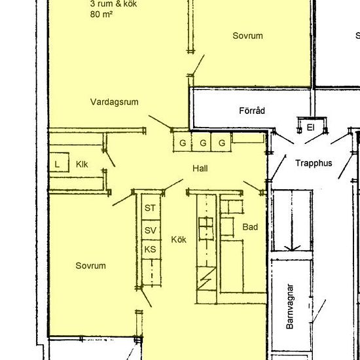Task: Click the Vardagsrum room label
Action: coord(114,102)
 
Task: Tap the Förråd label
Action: coord(252,111)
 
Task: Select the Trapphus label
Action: coord(314,163)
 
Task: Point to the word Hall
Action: coord(200,168)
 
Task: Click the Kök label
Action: coord(179,240)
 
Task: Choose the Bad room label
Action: coord(250,227)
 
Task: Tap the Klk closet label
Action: coord(82,164)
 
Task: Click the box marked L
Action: coord(59,162)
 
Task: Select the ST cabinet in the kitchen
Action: coord(151,207)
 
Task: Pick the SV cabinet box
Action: coord(151,230)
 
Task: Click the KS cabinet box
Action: coord(151,249)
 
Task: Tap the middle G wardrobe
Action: coord(202,142)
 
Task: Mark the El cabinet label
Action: coord(310,128)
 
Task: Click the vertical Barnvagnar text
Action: coord(290,306)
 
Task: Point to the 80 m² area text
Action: coord(101,14)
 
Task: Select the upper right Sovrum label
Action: coord(247,36)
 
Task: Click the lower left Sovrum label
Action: coord(91,266)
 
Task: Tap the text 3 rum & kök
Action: coord(113,4)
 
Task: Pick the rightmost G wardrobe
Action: coord(221,142)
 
